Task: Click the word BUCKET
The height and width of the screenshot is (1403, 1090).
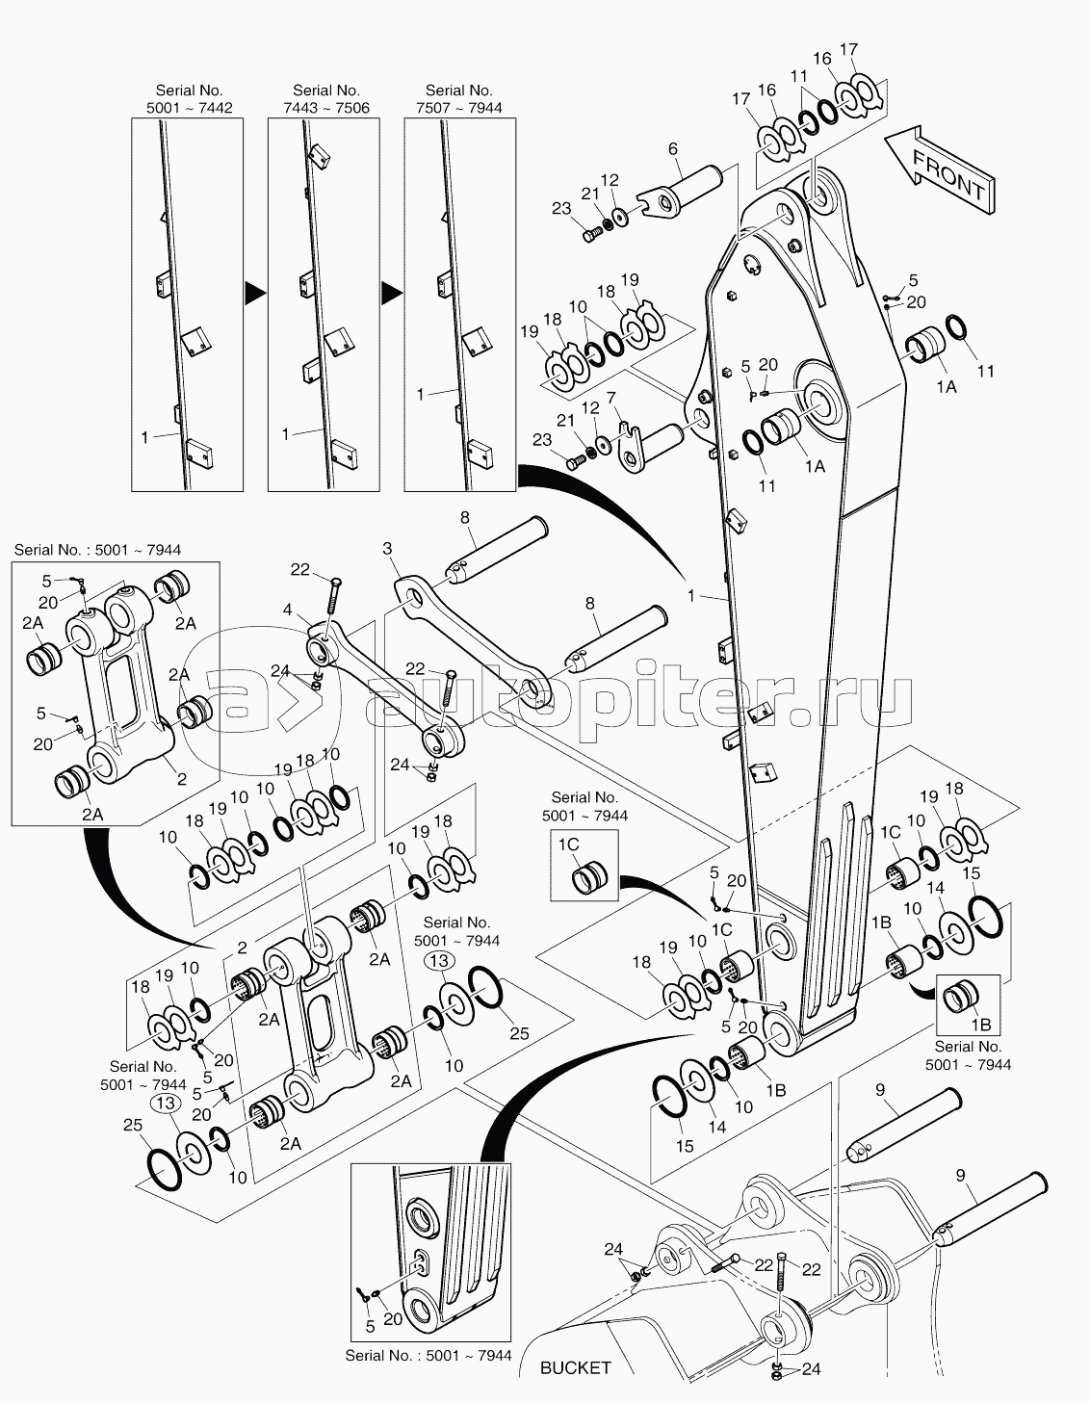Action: pos(575,1367)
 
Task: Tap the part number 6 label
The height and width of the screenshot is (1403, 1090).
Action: pos(673,149)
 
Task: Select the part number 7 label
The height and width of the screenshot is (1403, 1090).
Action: pos(610,398)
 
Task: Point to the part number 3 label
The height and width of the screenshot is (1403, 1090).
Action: pos(386,549)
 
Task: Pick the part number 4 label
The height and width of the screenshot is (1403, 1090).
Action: pos(287,610)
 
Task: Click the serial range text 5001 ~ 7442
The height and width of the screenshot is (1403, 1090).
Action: pos(189,108)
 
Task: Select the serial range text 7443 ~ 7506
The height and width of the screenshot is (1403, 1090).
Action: pos(325,108)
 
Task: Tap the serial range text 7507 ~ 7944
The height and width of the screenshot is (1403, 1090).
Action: pos(459,108)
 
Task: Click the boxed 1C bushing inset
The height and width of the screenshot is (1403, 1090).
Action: pos(584,865)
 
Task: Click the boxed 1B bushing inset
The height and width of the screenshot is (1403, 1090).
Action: pos(968,1005)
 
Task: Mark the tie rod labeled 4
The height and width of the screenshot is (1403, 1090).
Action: pos(386,690)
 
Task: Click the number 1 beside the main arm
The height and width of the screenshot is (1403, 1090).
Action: pos(691,595)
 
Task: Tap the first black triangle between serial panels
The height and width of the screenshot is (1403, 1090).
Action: pos(255,294)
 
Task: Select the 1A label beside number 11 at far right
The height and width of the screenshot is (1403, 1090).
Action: pos(947,387)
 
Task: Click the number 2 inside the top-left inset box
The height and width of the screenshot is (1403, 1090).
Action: pos(181,779)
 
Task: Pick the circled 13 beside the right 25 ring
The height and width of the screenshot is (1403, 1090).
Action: pos(439,961)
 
